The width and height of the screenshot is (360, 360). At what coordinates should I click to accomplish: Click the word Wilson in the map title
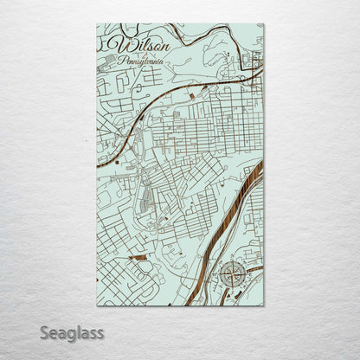[x=142, y=45]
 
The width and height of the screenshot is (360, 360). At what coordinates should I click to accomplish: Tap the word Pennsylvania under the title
[x=144, y=61]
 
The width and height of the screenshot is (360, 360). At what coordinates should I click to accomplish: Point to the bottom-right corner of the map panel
[x=264, y=305]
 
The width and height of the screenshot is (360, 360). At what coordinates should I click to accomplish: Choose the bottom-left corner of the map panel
[x=95, y=305]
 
